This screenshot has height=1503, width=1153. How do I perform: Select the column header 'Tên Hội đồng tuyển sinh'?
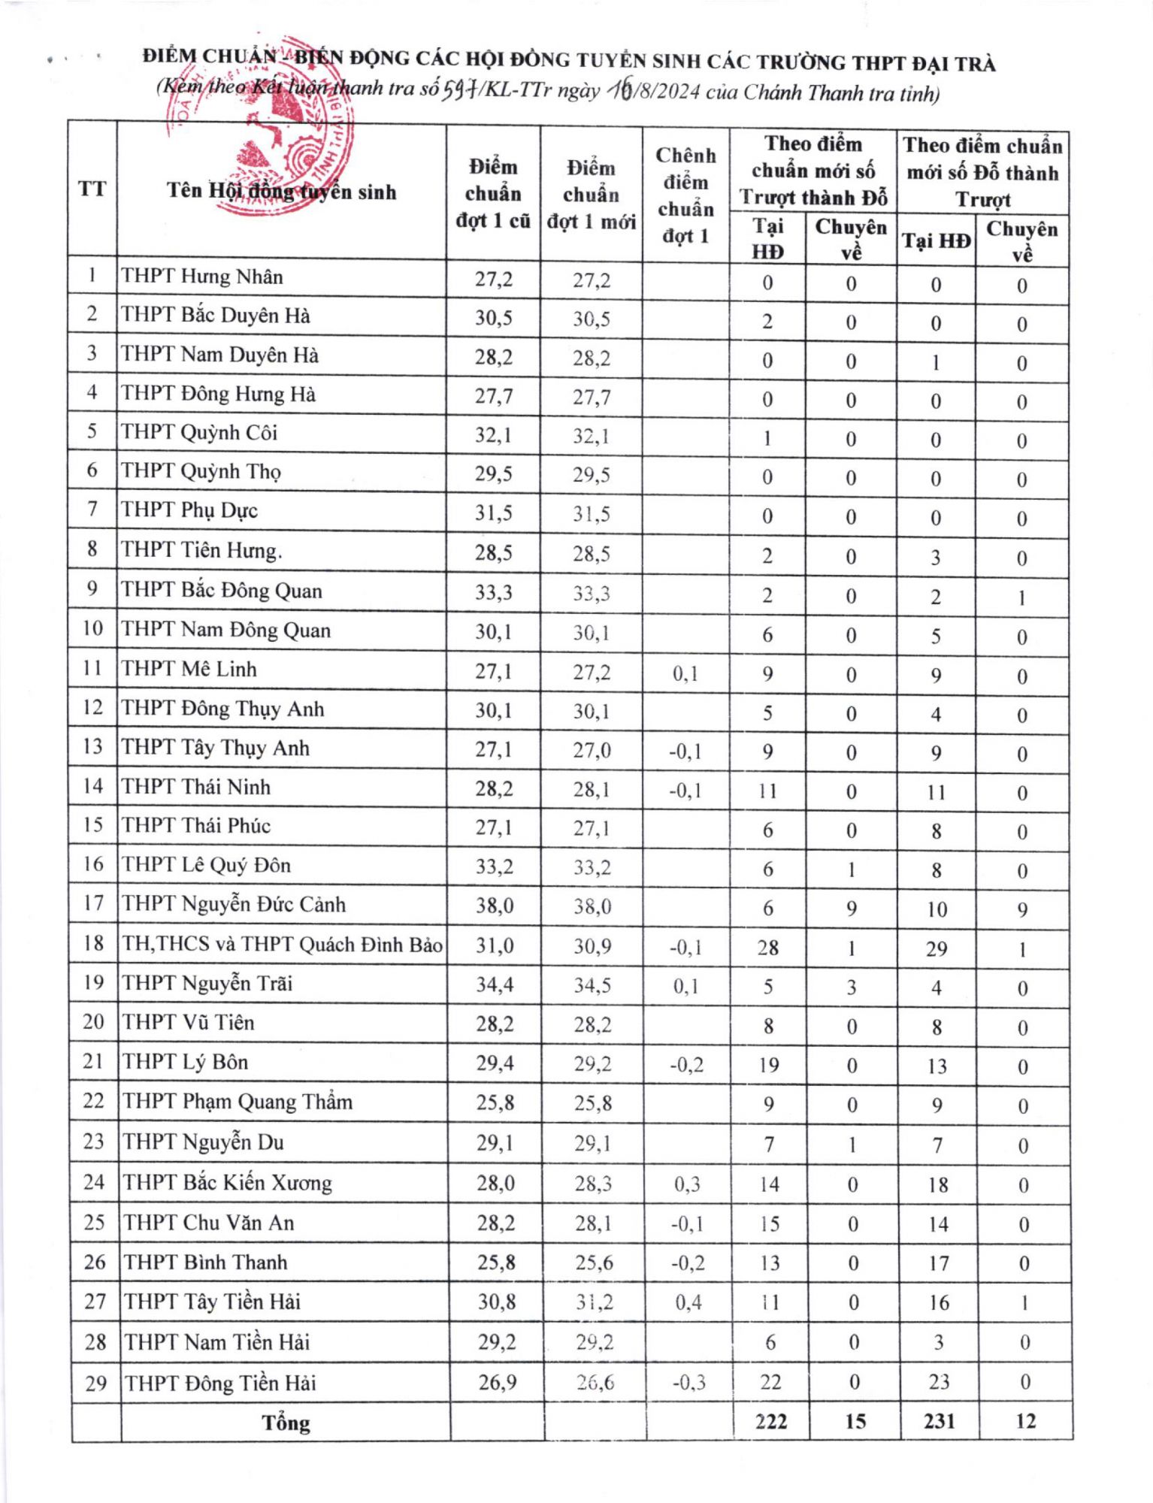click(x=281, y=191)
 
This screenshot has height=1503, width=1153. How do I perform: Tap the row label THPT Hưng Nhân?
click(x=202, y=277)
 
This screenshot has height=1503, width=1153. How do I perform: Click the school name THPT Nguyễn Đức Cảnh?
click(x=234, y=903)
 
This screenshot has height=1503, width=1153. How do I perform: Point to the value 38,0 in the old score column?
click(x=495, y=905)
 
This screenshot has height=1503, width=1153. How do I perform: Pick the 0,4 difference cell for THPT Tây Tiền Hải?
click(x=688, y=1302)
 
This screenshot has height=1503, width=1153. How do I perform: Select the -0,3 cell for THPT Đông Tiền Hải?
click(x=688, y=1382)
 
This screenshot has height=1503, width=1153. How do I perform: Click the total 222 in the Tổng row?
click(x=770, y=1421)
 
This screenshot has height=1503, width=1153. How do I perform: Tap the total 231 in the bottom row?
click(x=939, y=1421)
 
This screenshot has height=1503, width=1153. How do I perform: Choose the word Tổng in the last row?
click(x=286, y=1423)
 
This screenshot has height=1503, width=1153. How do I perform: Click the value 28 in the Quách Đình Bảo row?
click(x=767, y=948)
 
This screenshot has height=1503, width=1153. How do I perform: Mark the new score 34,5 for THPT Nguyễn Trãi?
click(x=592, y=985)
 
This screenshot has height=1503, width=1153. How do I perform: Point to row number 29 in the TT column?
click(x=95, y=1383)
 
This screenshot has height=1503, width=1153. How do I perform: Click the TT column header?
click(x=92, y=189)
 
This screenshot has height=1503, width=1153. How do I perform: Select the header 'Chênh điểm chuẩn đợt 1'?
click(x=685, y=195)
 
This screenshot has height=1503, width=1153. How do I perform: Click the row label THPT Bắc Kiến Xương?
click(x=227, y=1182)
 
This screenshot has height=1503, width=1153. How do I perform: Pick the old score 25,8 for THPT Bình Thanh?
click(x=496, y=1262)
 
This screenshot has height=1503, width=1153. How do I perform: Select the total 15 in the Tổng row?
click(x=855, y=1421)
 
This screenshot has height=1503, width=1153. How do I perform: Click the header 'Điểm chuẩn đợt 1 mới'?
click(x=591, y=195)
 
